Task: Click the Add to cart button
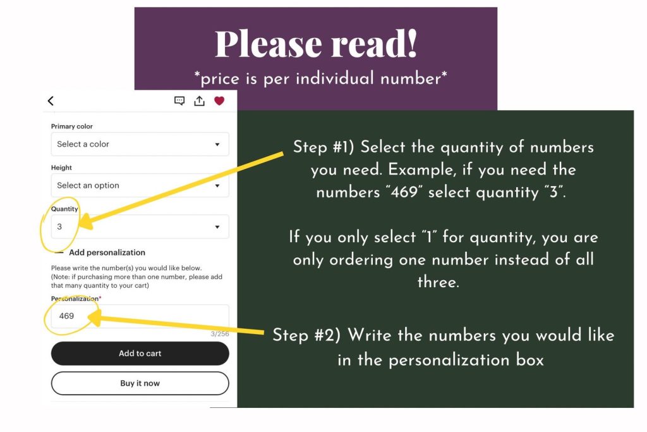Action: (x=140, y=353)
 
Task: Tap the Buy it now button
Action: (x=140, y=383)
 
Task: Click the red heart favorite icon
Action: (x=219, y=101)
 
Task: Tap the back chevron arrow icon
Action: (x=51, y=101)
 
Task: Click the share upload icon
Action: (x=199, y=101)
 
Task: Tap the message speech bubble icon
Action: (x=179, y=101)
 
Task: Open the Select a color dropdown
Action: (x=140, y=144)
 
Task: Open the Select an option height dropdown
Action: (x=140, y=185)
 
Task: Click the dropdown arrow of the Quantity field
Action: (x=217, y=226)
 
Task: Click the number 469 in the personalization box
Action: (x=66, y=316)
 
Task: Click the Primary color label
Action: (x=72, y=127)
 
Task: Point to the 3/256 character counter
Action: (x=219, y=334)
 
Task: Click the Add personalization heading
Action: (x=107, y=252)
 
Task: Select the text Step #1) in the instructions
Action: (x=323, y=147)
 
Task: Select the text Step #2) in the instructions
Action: (x=306, y=335)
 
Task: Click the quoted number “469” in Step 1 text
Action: (x=404, y=192)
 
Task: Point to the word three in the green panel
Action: (x=438, y=282)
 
